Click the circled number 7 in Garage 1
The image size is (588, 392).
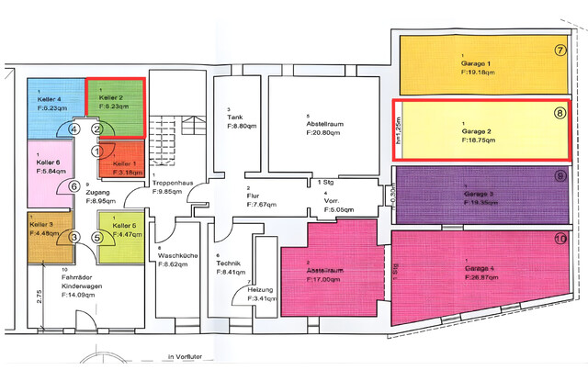pos(560,50)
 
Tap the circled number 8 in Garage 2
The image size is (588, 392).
pos(560,114)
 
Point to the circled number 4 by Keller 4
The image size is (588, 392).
pos(73,129)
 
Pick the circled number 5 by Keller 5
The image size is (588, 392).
pos(97,238)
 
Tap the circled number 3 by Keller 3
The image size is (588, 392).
pos(73,238)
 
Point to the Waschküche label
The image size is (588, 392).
pos(174,253)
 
